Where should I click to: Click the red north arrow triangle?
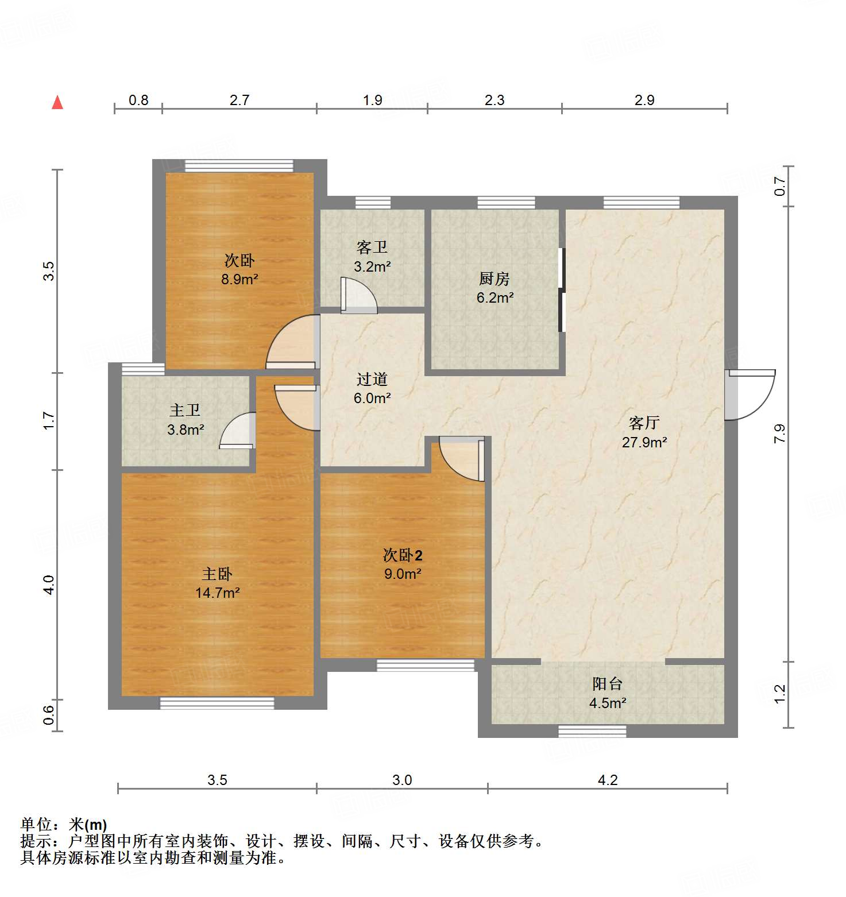(x=57, y=103)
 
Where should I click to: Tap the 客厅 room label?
(x=644, y=423)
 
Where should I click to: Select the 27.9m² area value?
(x=644, y=442)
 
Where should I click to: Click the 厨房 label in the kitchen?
(x=494, y=279)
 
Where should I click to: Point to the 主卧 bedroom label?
(x=217, y=574)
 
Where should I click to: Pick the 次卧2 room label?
(x=403, y=555)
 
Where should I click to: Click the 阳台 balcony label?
(x=607, y=684)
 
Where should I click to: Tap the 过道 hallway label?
(x=372, y=379)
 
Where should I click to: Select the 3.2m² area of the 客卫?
(x=372, y=266)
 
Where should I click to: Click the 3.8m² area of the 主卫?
(x=186, y=430)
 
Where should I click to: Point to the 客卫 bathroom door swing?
(x=358, y=296)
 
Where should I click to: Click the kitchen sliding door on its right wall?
(x=562, y=290)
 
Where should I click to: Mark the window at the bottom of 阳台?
(x=592, y=731)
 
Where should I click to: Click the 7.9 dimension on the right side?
(x=779, y=433)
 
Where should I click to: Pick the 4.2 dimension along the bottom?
(x=608, y=780)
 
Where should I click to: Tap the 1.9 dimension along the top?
(x=372, y=100)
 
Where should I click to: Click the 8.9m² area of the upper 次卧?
(x=239, y=280)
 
